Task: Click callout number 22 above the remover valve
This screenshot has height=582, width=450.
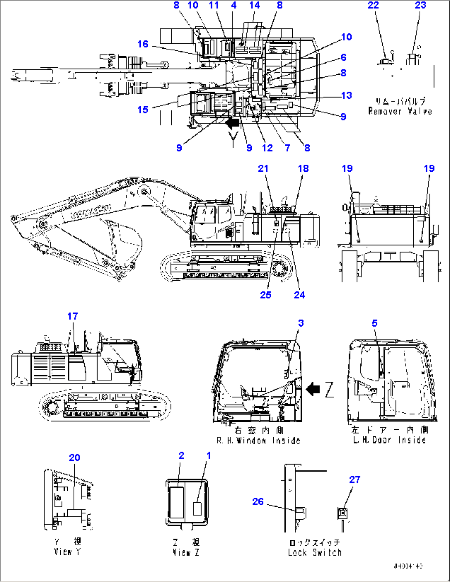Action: click(x=373, y=5)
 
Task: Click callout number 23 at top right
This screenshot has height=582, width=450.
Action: click(x=420, y=5)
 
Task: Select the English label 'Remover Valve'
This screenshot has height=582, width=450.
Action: click(x=400, y=111)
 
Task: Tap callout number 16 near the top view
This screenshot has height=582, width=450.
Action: click(x=143, y=44)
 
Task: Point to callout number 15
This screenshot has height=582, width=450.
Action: click(x=143, y=110)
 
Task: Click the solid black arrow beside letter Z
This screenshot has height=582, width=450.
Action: click(x=313, y=389)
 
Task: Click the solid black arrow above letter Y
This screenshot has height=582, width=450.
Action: click(x=232, y=123)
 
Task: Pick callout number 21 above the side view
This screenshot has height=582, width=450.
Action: click(x=263, y=168)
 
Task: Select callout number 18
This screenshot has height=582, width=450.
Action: click(x=303, y=168)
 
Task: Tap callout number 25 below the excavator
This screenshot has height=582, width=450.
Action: click(x=265, y=295)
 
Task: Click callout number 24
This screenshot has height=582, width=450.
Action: click(x=299, y=295)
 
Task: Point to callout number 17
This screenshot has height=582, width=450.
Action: click(x=73, y=316)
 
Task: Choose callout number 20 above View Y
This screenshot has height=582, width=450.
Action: click(x=74, y=457)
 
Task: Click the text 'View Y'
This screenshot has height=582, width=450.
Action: click(x=67, y=552)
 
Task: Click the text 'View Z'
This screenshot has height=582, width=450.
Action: click(x=186, y=552)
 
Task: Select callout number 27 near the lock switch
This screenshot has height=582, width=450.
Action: click(x=355, y=480)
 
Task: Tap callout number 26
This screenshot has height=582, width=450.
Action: click(x=258, y=501)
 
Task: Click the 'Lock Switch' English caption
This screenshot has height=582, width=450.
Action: click(x=315, y=553)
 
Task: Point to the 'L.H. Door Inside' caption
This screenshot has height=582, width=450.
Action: click(x=389, y=440)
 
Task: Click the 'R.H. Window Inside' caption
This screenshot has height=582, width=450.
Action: click(x=258, y=441)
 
